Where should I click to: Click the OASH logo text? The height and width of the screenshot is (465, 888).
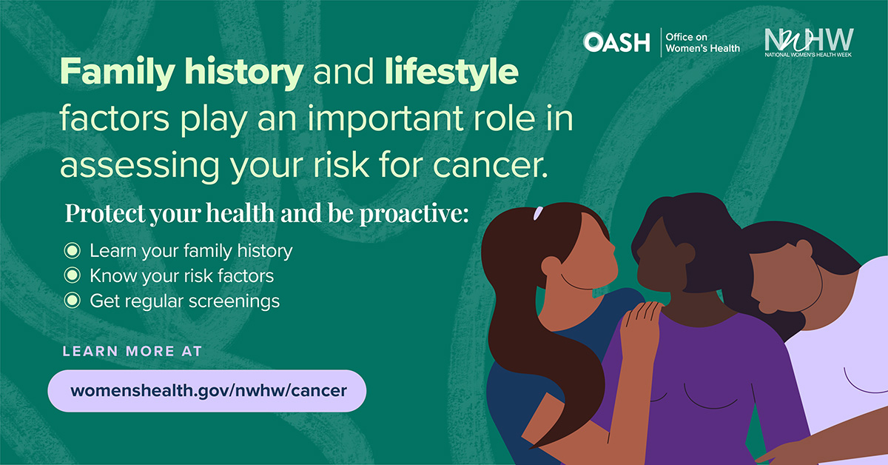coord(616,42)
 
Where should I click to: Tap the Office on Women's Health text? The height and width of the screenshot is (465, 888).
coord(702,42)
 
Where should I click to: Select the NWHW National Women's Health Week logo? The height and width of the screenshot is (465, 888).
coord(808,42)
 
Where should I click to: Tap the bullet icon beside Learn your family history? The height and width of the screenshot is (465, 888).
coord(72,251)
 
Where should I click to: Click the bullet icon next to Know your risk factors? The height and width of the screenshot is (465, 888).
coord(72,276)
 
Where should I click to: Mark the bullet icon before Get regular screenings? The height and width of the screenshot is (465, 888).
coord(72,301)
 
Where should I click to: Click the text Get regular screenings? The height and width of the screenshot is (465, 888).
coord(184,301)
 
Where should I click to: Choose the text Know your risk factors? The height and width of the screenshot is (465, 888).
coord(181,276)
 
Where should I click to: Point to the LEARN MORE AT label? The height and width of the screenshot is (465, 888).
coord(132,351)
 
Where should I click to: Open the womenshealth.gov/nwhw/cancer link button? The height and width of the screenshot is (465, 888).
coord(207,390)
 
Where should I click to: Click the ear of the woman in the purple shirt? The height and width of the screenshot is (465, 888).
coord(684,254)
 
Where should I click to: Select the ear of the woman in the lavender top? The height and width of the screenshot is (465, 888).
coord(804,250)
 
